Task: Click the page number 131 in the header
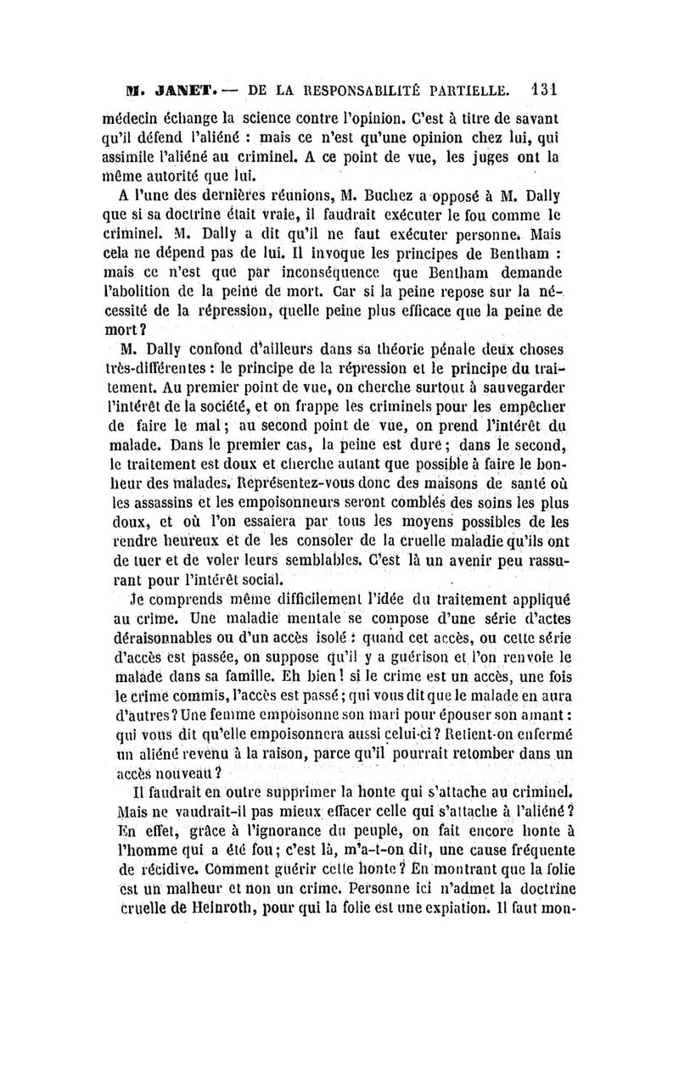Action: [540, 88]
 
